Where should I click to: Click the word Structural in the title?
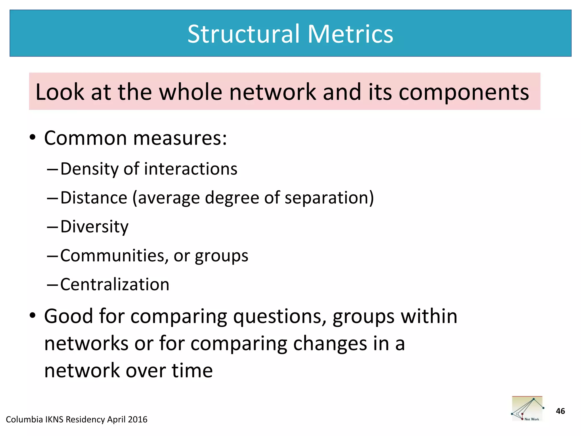243,34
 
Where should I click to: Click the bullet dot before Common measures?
33,138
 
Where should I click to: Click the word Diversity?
94,227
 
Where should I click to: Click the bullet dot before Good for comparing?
33,316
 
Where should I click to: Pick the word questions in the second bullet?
280,317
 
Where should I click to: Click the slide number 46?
560,411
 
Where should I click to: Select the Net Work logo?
527,409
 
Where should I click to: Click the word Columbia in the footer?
24,420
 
